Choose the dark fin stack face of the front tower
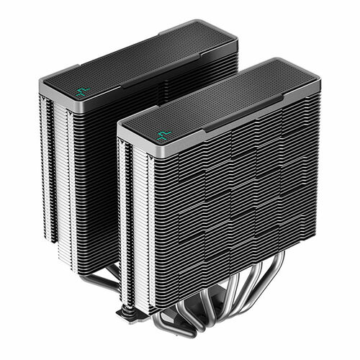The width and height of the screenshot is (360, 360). point(230,202)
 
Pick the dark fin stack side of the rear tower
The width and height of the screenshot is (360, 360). point(86,180)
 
